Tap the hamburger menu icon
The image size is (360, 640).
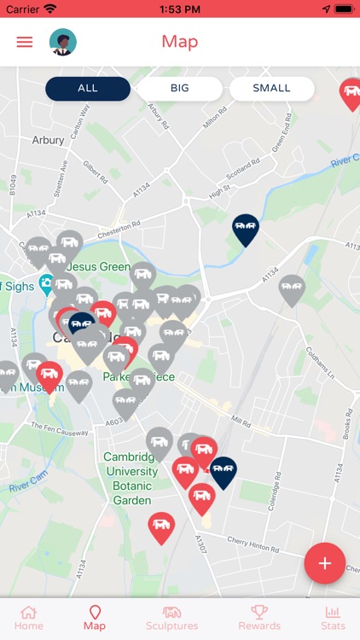point(25,42)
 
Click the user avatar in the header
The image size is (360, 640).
point(62,42)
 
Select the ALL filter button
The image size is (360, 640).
point(88,89)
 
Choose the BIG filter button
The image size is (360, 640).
point(180,89)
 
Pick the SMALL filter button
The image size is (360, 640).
point(272,89)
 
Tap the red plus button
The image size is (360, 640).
point(325,563)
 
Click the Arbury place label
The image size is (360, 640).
point(48,140)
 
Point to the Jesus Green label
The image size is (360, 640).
point(99,266)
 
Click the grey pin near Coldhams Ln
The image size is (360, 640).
point(292,289)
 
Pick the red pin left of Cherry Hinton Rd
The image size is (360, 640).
point(161,527)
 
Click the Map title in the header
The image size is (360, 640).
point(179,42)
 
